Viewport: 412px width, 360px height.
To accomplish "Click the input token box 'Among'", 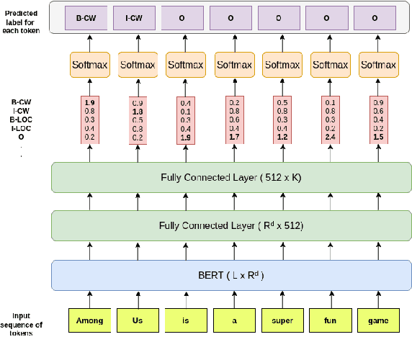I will pos(90,320).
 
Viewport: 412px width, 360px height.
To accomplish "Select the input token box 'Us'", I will pos(138,320).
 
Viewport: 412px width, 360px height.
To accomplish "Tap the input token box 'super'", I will pos(282,320).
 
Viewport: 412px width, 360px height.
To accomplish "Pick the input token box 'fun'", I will pos(331,320).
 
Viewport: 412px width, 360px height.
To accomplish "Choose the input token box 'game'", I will pos(379,320).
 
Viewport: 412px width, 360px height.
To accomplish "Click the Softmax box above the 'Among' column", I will pos(90,65).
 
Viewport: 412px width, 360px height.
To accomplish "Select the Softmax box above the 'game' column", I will pos(379,65).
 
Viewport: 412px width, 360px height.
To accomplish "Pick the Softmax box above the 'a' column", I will pos(234,65).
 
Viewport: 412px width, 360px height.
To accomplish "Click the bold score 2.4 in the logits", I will pos(331,137).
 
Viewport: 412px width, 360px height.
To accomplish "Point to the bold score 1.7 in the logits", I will pos(234,137).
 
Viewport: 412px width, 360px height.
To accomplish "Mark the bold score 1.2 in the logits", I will pos(282,137).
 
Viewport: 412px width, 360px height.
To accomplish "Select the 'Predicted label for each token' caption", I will pos(22,17).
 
